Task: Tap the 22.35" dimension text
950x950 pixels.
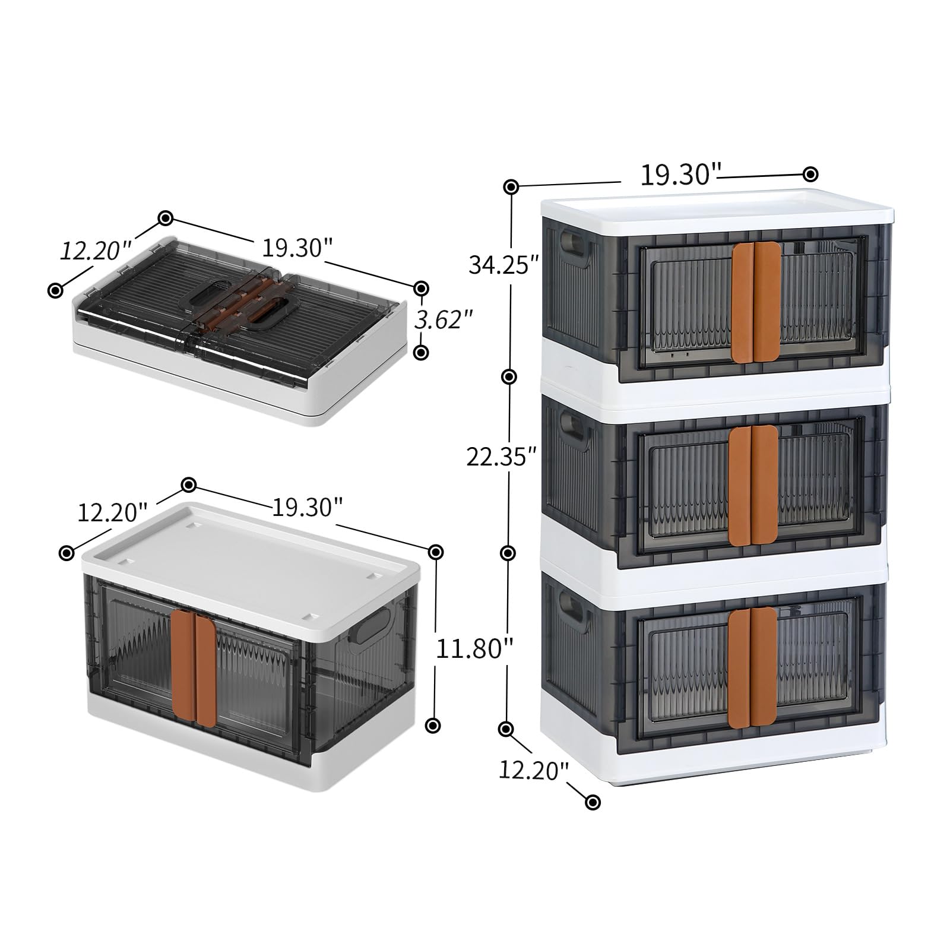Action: pos(502,457)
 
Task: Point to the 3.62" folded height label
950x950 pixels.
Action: pos(444,320)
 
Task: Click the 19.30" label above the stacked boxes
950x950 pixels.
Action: pos(680,175)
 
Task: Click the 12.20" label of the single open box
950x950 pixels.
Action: pos(112,512)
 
